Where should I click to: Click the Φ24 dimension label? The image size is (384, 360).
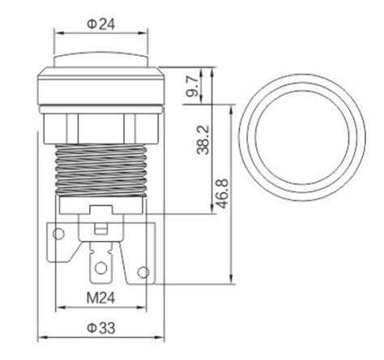click(101, 24)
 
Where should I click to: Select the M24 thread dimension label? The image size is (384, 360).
click(100, 298)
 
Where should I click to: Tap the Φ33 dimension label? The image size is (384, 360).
click(101, 328)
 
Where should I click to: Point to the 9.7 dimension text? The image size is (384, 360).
click(192, 87)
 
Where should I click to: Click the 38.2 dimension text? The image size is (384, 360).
click(203, 139)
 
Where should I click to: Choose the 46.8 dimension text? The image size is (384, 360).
click(223, 194)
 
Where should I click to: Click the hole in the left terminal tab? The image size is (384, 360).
click(58, 234)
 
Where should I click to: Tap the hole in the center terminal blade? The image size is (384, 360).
click(100, 268)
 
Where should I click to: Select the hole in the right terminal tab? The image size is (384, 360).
click(143, 272)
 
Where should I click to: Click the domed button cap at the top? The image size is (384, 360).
click(101, 59)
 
